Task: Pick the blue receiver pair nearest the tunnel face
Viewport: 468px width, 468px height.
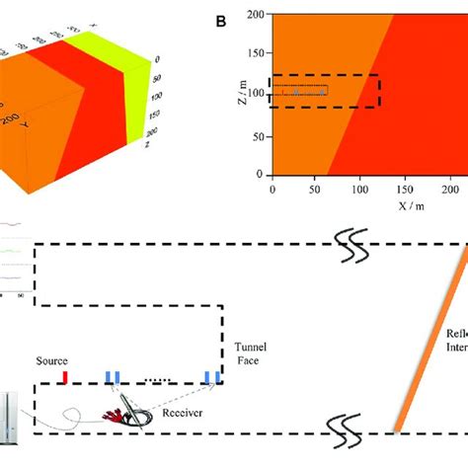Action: (x=211, y=377)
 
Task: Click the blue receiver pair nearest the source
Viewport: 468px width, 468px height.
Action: (x=113, y=377)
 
